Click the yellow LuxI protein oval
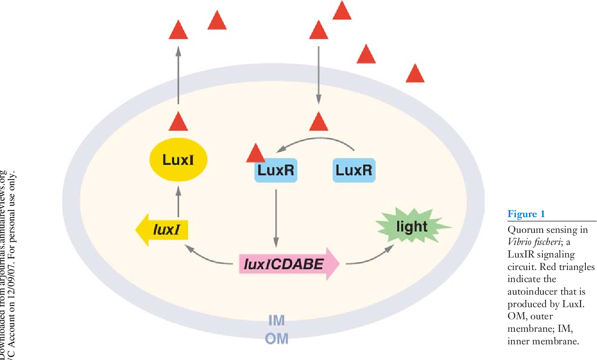pyautogui.click(x=178, y=160)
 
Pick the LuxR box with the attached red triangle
pyautogui.click(x=277, y=171)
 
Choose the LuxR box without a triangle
pyautogui.click(x=354, y=171)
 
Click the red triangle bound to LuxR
pyautogui.click(x=256, y=154)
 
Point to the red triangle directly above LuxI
pyautogui.click(x=178, y=121)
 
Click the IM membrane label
pyautogui.click(x=276, y=321)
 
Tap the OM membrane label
pyautogui.click(x=277, y=339)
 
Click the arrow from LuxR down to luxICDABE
pyautogui.click(x=276, y=218)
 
